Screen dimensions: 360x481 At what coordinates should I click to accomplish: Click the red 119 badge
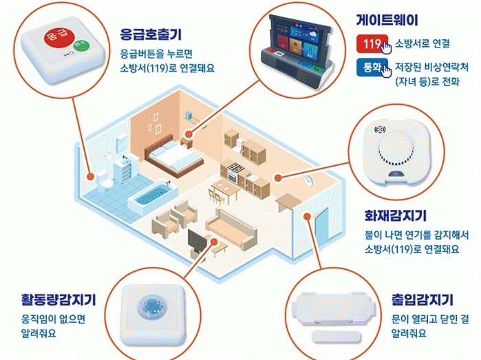pos(371,44)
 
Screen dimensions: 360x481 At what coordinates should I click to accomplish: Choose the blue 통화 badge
pos(371,69)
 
